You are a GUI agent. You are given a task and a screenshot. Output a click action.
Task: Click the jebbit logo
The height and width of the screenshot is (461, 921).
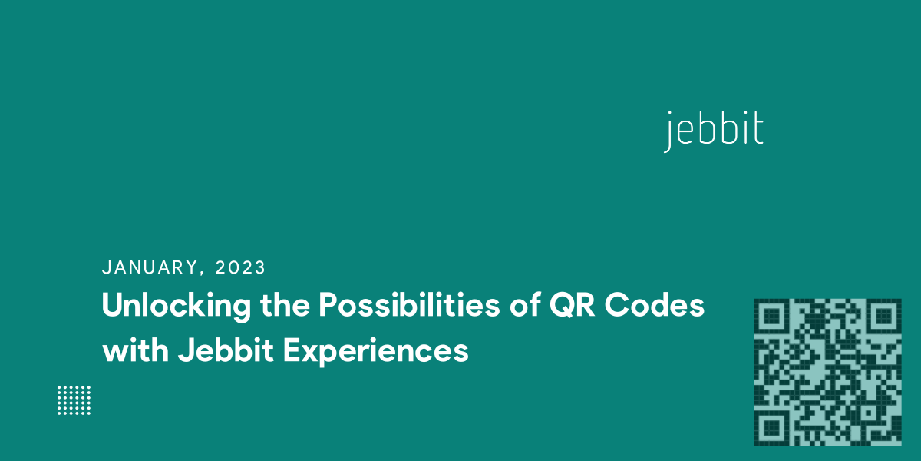(714, 131)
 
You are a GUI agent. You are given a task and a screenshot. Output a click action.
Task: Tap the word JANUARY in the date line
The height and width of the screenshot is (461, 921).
(150, 267)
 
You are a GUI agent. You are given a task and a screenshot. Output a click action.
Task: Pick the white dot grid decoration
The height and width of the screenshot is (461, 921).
(74, 400)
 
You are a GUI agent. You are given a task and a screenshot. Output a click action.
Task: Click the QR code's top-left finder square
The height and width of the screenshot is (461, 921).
(770, 315)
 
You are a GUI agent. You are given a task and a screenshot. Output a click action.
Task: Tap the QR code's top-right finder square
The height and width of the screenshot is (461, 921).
(884, 315)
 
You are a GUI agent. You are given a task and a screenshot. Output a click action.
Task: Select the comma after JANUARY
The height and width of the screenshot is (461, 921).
(202, 273)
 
